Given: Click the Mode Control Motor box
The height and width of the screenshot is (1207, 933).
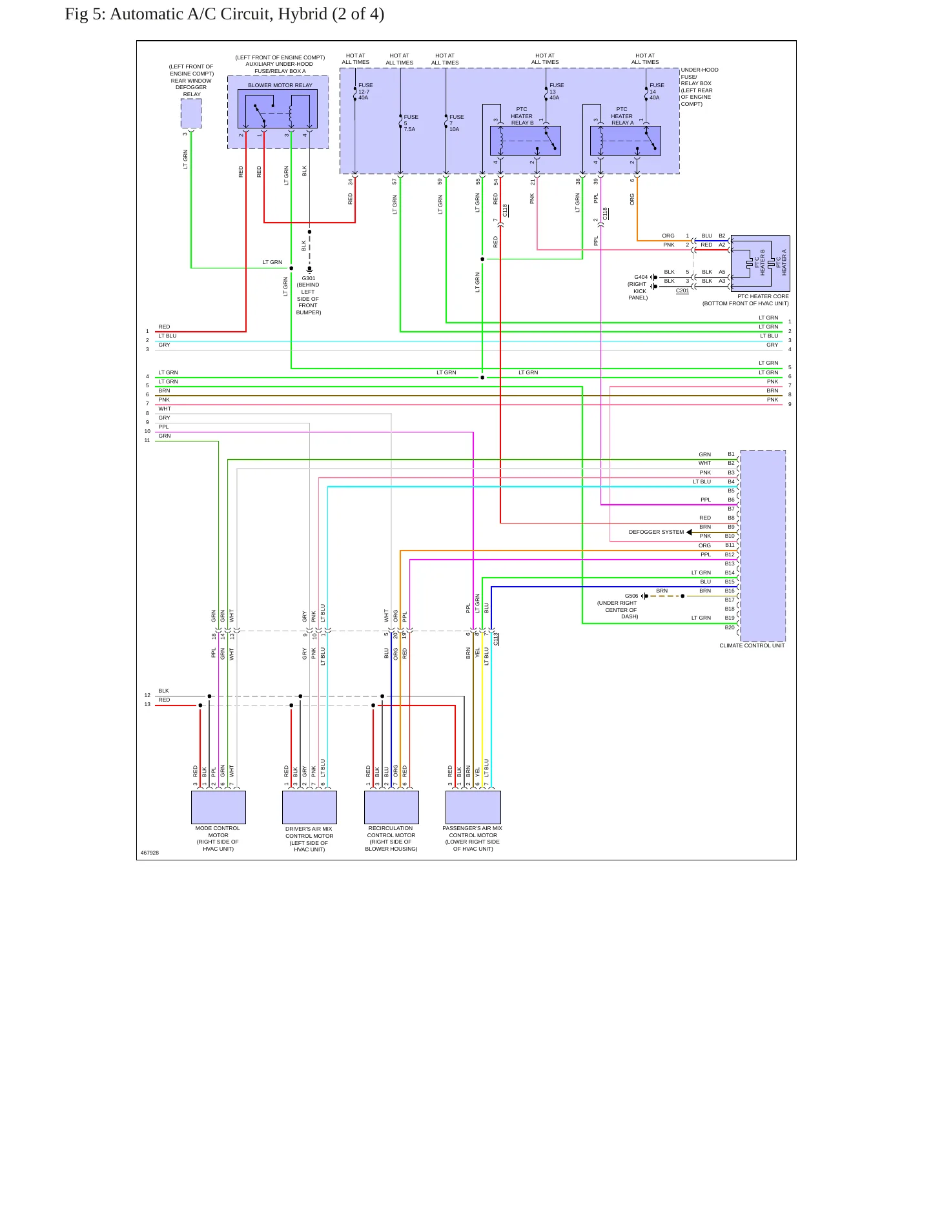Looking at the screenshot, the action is tap(218, 807).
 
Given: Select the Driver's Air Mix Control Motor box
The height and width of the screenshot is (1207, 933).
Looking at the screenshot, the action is tap(309, 807).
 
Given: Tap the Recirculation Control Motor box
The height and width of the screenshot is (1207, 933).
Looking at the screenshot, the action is tap(391, 807).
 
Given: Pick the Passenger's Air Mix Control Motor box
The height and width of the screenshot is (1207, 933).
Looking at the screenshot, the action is tap(473, 807).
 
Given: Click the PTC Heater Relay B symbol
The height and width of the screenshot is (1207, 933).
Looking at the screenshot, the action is tap(526, 141).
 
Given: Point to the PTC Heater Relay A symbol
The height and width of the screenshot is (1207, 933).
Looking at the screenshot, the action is tap(626, 141).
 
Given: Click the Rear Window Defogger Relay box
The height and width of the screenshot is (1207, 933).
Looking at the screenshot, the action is tap(191, 114).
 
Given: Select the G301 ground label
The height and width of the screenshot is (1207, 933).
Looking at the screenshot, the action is tap(309, 278).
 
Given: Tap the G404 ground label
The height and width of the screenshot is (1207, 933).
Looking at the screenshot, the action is tap(641, 277).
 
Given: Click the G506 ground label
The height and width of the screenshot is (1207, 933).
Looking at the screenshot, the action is tap(631, 596).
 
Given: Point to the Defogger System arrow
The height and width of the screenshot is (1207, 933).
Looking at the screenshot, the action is tap(690, 532).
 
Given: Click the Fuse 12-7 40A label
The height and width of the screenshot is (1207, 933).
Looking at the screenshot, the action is tap(365, 92).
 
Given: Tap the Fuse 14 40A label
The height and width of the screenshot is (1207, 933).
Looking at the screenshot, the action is tap(657, 92).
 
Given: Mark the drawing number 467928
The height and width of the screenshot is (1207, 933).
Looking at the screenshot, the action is tap(150, 853).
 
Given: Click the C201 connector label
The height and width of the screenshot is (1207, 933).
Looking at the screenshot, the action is tap(682, 291).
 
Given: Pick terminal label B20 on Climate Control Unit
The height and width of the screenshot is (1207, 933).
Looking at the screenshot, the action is tap(730, 627).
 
